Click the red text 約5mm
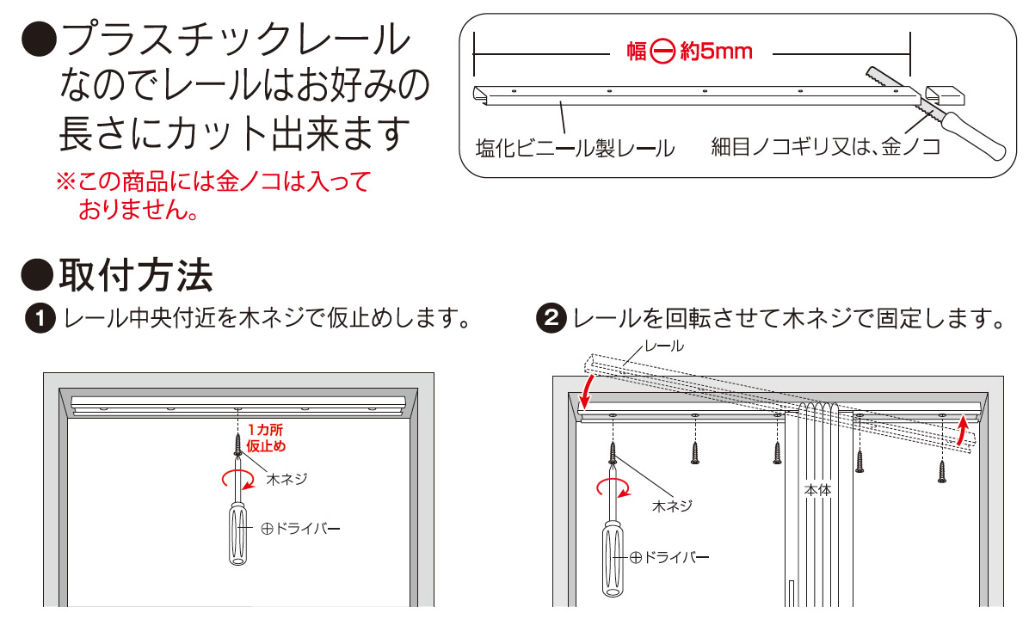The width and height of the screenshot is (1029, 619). [717, 51]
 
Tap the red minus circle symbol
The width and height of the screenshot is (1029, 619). [662, 51]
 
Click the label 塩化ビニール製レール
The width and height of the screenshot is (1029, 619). [575, 149]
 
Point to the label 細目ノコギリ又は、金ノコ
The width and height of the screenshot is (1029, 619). [826, 147]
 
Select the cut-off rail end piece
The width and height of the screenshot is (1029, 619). [946, 95]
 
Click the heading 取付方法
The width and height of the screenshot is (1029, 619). [136, 275]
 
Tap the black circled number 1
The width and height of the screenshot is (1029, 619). [40, 319]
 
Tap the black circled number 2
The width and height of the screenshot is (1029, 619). [551, 319]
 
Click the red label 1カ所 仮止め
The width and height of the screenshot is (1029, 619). [266, 438]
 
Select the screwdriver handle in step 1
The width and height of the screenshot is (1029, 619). [238, 533]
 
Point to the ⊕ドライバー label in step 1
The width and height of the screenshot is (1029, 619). [300, 529]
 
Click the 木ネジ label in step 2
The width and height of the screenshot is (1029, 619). [672, 506]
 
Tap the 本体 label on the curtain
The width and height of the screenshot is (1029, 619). [817, 490]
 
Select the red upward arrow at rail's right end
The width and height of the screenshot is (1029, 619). [962, 430]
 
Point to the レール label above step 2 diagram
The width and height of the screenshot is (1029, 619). [664, 346]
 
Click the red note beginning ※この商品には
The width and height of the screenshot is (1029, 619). [213, 195]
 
